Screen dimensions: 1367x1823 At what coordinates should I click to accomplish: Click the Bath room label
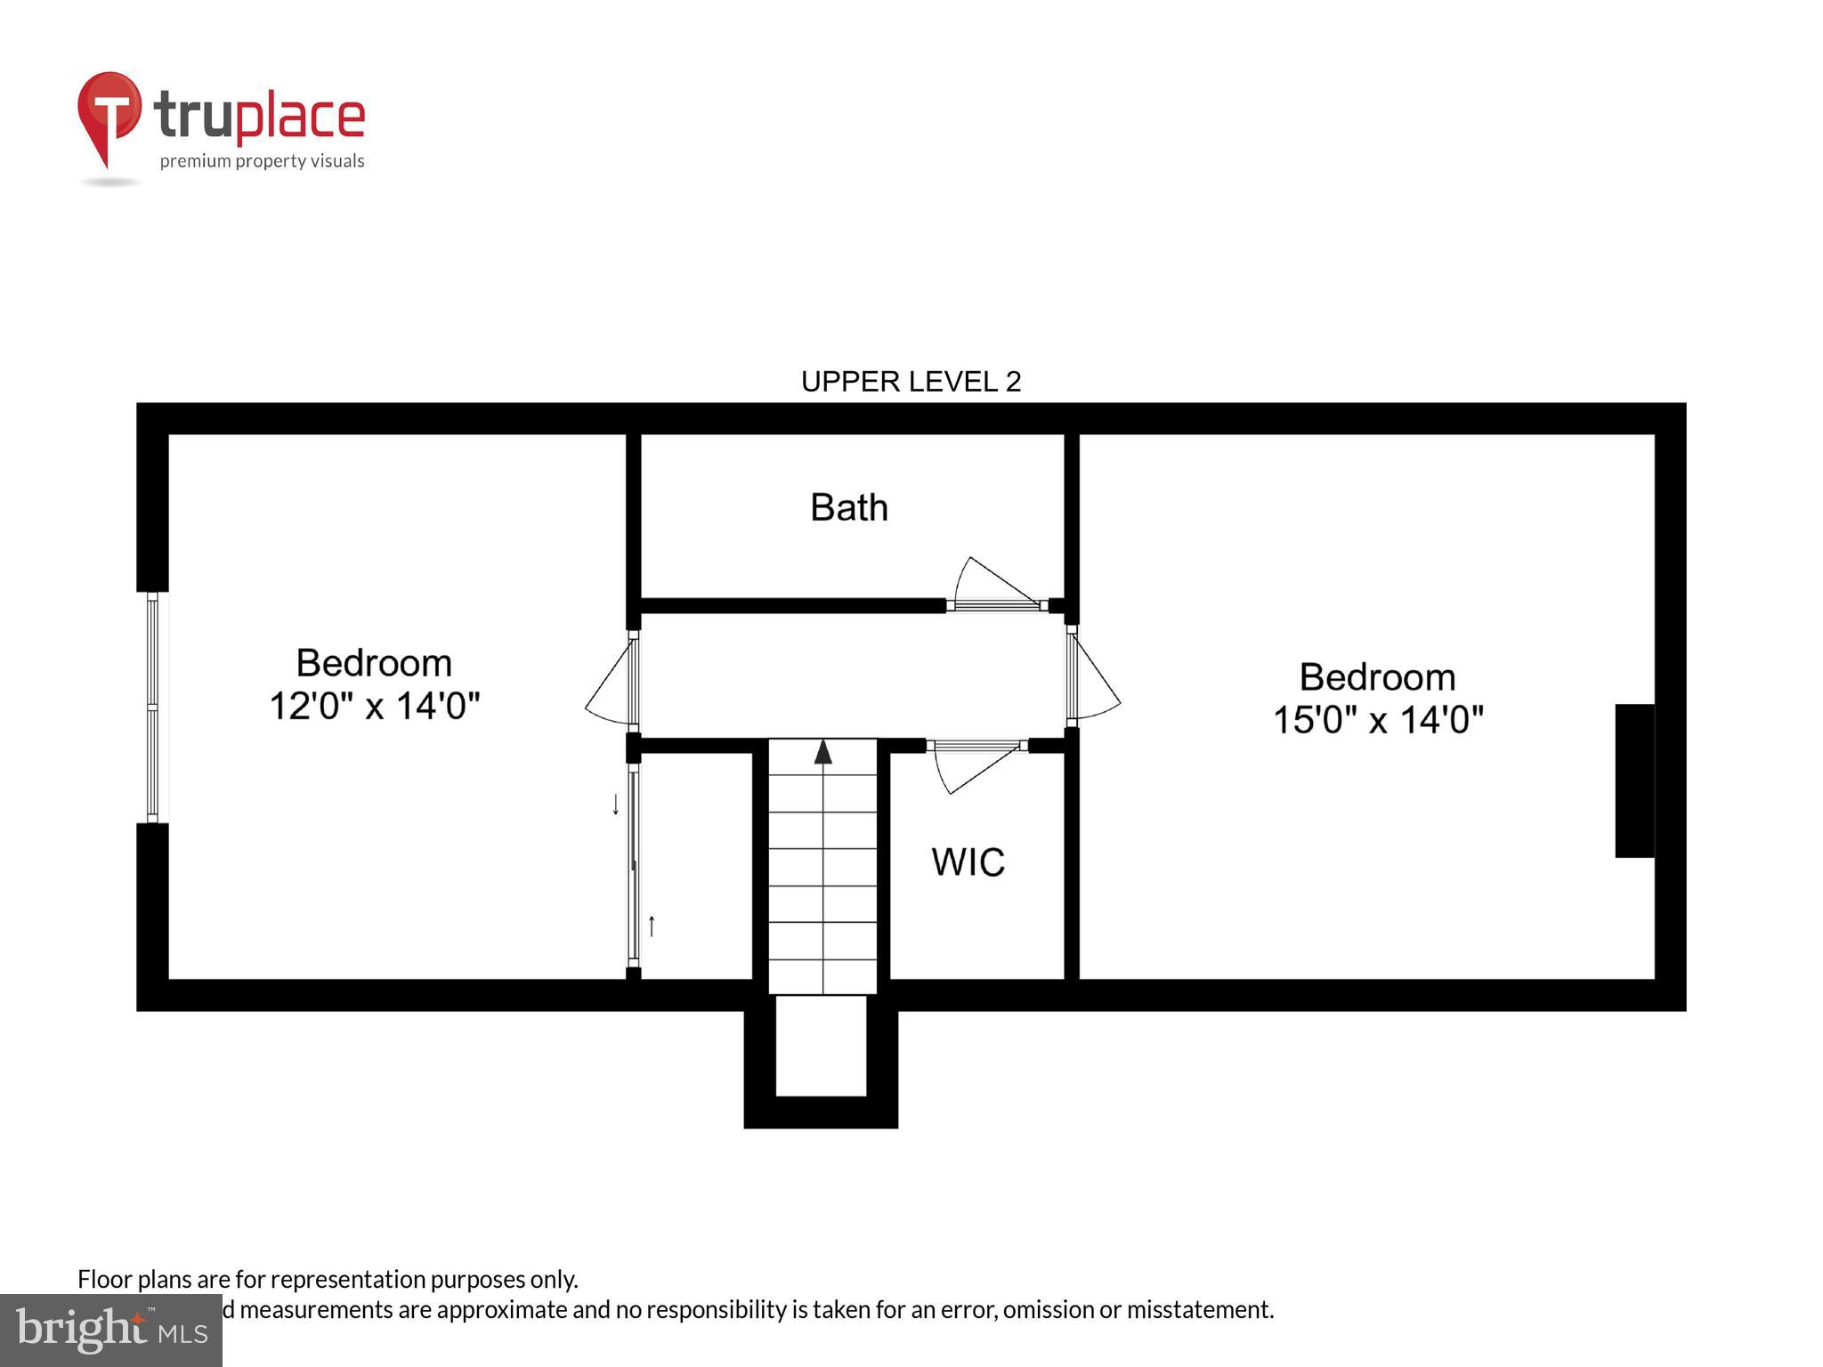[848, 508]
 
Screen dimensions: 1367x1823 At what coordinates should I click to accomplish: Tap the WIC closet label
[968, 862]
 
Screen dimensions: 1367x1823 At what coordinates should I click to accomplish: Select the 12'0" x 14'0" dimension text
[374, 707]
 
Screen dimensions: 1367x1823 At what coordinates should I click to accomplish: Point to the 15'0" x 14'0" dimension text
[1378, 720]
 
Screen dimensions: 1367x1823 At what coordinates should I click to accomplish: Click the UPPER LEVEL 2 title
[911, 382]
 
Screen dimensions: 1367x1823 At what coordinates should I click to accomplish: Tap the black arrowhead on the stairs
[823, 752]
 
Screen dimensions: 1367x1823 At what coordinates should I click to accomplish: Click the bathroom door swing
[993, 586]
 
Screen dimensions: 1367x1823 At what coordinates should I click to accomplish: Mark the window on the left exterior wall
[153, 708]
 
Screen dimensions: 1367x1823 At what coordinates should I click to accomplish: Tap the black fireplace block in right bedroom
[1634, 781]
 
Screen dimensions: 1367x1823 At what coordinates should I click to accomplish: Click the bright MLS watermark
[111, 1331]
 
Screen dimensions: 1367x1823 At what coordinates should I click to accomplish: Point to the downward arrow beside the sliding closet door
[615, 805]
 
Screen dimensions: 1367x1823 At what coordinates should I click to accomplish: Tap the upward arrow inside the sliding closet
[652, 926]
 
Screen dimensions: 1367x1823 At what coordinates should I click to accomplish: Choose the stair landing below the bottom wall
[821, 1046]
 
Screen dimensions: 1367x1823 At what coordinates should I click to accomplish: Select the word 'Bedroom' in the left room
[374, 664]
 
